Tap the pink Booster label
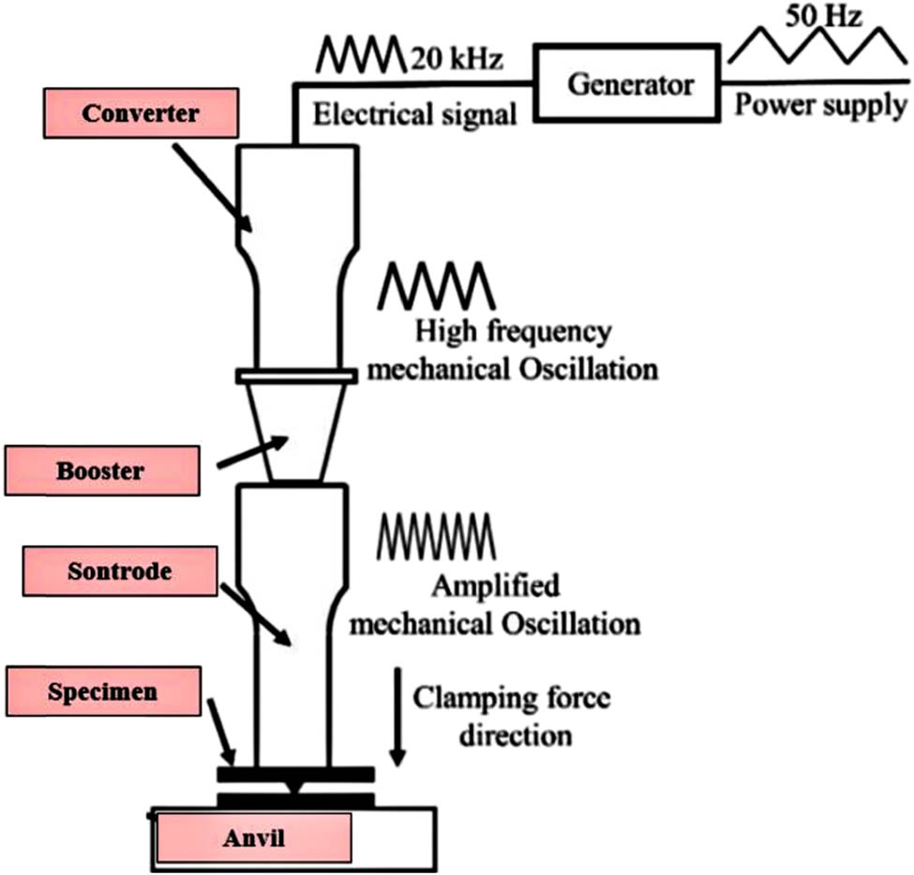click(102, 470)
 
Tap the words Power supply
click(820, 105)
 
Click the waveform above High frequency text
click(435, 285)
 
